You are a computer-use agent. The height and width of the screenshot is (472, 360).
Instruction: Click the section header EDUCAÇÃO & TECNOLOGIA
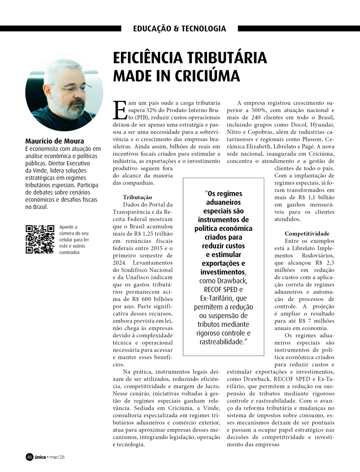179,28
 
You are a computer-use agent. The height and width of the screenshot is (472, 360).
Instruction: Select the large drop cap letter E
120,110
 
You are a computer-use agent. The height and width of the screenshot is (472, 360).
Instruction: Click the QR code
40,239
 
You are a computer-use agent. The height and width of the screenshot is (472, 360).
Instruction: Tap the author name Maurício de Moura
55,141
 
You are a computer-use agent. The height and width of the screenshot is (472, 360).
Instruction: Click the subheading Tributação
137,197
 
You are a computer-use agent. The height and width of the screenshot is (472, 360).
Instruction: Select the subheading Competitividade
307,233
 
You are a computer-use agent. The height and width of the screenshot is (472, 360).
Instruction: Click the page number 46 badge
30,457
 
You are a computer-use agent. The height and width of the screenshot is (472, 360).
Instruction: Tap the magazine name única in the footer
40,457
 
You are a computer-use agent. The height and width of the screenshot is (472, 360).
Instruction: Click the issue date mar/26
57,457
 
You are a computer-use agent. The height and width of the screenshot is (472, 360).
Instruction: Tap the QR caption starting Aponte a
74,239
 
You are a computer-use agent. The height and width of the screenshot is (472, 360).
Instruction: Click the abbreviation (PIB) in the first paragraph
141,117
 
